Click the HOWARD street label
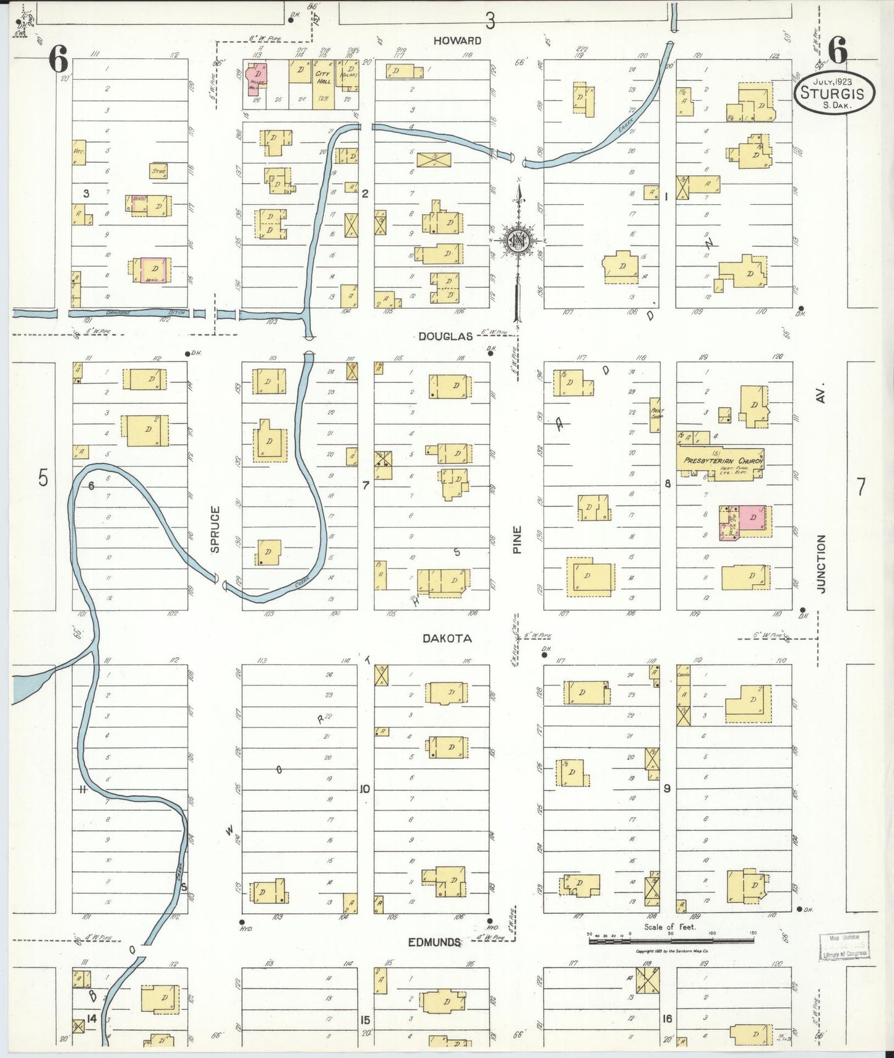[x=457, y=40]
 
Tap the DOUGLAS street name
[x=445, y=336]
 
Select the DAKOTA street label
[x=447, y=638]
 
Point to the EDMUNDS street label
[x=434, y=942]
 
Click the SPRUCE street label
[x=215, y=529]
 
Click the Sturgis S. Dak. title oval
[x=835, y=94]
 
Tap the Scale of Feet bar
[x=671, y=940]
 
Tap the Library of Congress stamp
[x=844, y=947]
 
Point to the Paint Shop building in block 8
[x=655, y=414]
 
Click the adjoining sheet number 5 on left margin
[x=43, y=478]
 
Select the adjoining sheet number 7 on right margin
[x=861, y=487]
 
